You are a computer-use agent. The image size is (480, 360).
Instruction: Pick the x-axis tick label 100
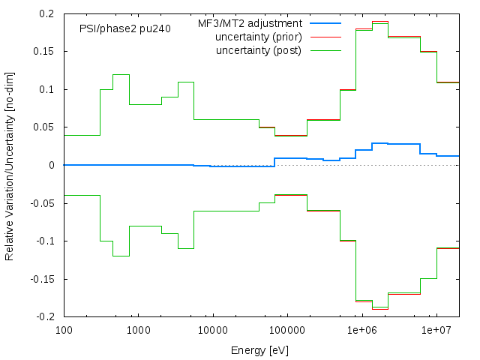[x=64, y=330]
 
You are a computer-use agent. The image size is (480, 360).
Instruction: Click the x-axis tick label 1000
[x=138, y=330]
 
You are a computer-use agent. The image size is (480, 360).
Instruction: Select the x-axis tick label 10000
[x=212, y=330]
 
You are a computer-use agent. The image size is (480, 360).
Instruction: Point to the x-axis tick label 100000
[x=286, y=330]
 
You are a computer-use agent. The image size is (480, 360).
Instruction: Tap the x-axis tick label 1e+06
[x=361, y=330]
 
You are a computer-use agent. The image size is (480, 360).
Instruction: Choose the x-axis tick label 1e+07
[x=436, y=330]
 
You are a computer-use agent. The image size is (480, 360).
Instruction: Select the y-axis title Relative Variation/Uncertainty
[x=10, y=165]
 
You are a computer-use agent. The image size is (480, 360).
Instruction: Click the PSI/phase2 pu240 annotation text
[x=124, y=28]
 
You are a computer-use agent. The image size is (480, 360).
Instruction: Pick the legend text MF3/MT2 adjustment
[x=250, y=24]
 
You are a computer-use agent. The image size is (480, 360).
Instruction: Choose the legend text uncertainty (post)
[x=258, y=50]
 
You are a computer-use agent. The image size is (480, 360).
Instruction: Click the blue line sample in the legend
[x=324, y=24]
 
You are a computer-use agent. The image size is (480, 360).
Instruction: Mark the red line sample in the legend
[x=324, y=37]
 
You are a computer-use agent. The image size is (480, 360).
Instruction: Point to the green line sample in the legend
[x=324, y=50]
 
